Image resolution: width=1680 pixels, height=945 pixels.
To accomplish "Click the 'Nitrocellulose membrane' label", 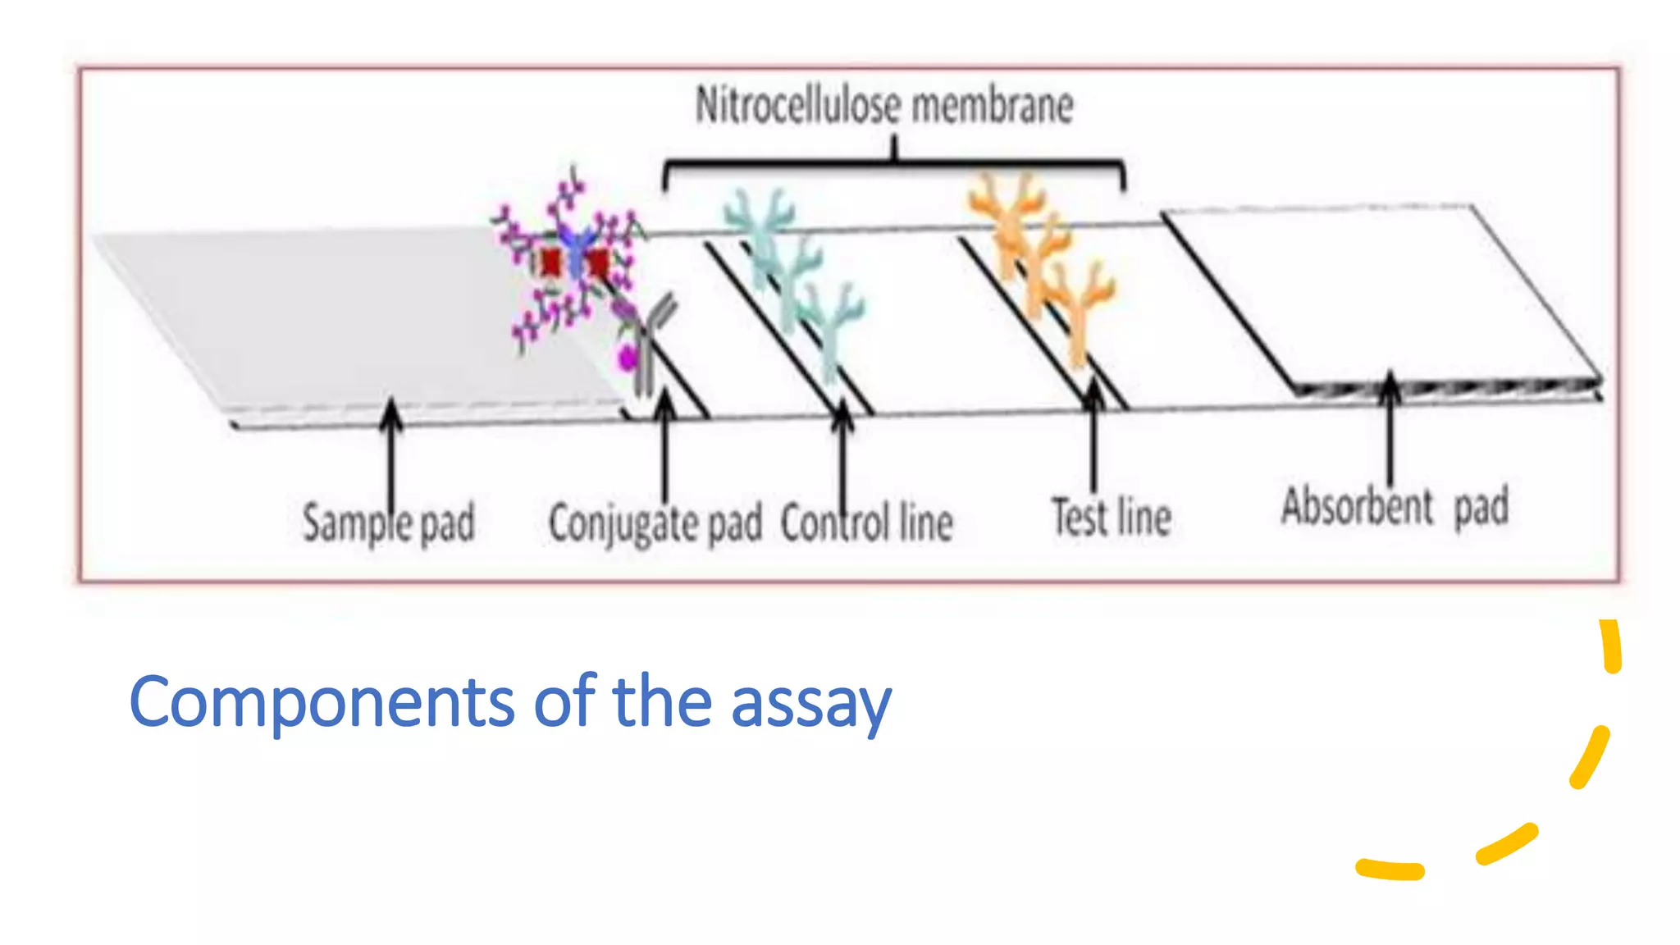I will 884,107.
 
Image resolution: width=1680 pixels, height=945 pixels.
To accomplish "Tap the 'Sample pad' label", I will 388,522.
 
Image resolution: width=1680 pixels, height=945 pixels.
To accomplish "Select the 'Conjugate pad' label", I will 655,523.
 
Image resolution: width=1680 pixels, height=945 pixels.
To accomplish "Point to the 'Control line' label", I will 866,523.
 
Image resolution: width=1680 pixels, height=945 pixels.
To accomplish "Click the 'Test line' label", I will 1112,517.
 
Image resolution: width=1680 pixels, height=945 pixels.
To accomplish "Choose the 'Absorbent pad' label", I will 1395,506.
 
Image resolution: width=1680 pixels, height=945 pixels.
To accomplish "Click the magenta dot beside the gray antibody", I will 628,358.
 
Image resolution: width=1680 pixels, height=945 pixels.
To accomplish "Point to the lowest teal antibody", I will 833,328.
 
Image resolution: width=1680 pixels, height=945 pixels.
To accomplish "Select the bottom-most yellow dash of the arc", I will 1390,870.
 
